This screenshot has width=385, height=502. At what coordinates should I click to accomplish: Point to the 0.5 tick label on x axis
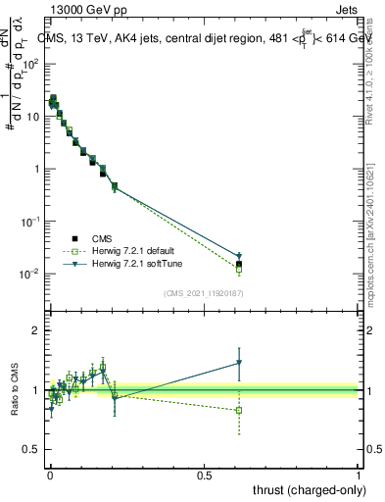pyautogui.click(x=204, y=475)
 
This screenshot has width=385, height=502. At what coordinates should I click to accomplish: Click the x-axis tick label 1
pyautogui.click(x=359, y=475)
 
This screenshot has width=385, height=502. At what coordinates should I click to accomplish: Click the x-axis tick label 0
pyautogui.click(x=49, y=475)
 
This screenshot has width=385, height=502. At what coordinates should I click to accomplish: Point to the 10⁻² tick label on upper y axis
pyautogui.click(x=32, y=274)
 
